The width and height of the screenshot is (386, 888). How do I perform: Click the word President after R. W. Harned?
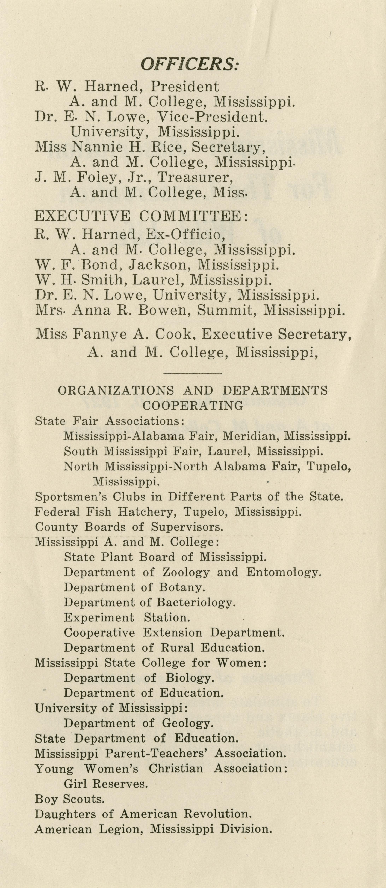click(x=184, y=86)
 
